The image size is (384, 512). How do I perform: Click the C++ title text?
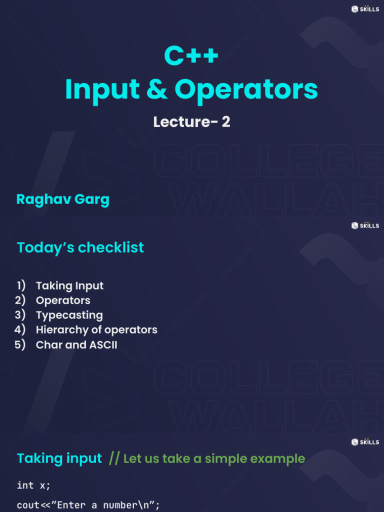click(x=191, y=55)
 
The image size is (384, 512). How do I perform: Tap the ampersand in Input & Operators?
click(x=157, y=89)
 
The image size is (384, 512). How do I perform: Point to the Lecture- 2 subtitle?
click(x=191, y=122)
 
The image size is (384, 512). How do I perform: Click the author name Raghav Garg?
click(x=62, y=199)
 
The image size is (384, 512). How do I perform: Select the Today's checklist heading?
click(x=80, y=247)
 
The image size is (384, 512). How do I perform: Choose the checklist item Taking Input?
click(x=69, y=286)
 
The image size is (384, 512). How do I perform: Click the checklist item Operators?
click(x=63, y=300)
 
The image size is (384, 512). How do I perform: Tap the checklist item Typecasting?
click(x=69, y=315)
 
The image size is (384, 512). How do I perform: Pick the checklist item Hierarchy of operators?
click(x=96, y=330)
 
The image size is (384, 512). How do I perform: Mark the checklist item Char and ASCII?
click(x=76, y=344)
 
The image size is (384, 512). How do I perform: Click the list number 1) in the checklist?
click(x=21, y=286)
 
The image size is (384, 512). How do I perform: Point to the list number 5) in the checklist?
click(x=20, y=344)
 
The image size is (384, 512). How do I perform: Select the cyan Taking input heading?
click(x=59, y=458)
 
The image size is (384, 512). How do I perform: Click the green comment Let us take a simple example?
click(x=214, y=459)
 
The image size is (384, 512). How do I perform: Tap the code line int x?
click(x=33, y=485)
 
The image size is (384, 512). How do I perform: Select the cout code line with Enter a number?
click(x=88, y=505)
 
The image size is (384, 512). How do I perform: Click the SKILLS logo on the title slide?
click(x=365, y=9)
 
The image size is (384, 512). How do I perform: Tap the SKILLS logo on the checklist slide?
click(x=365, y=225)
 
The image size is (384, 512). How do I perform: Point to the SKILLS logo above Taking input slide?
click(x=365, y=442)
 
